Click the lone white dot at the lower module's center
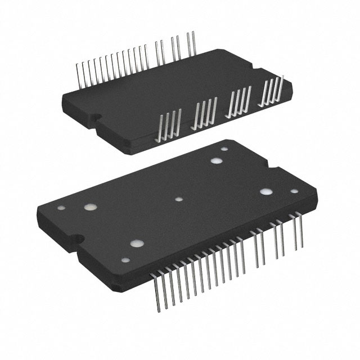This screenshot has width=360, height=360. pyautogui.click(x=179, y=199)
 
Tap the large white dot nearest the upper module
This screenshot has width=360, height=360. pyautogui.click(x=216, y=161)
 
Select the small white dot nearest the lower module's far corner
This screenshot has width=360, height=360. pyautogui.click(x=225, y=150)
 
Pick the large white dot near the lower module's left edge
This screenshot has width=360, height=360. pyautogui.click(x=88, y=207)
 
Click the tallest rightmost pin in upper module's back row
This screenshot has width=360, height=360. pyautogui.click(x=194, y=45)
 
